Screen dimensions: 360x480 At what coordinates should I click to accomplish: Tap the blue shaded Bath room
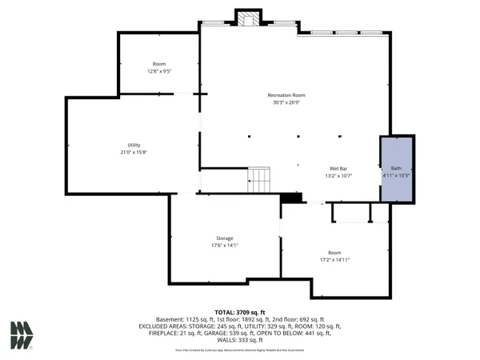tap(396, 170)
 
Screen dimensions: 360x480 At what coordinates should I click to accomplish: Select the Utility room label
tap(134, 145)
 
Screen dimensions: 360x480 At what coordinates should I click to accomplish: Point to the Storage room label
tap(224, 238)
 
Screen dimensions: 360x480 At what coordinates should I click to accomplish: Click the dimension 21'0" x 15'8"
tap(134, 152)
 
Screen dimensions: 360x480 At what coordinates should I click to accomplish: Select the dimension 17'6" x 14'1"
tap(224, 246)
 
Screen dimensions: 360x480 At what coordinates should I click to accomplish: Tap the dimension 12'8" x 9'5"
tap(159, 71)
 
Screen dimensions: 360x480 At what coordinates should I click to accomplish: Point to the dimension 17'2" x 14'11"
tap(334, 260)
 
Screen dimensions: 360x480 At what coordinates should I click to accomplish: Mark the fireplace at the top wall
tap(248, 18)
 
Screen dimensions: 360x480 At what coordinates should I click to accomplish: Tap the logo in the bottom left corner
tap(22, 334)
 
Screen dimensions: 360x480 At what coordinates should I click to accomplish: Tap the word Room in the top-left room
tap(159, 64)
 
